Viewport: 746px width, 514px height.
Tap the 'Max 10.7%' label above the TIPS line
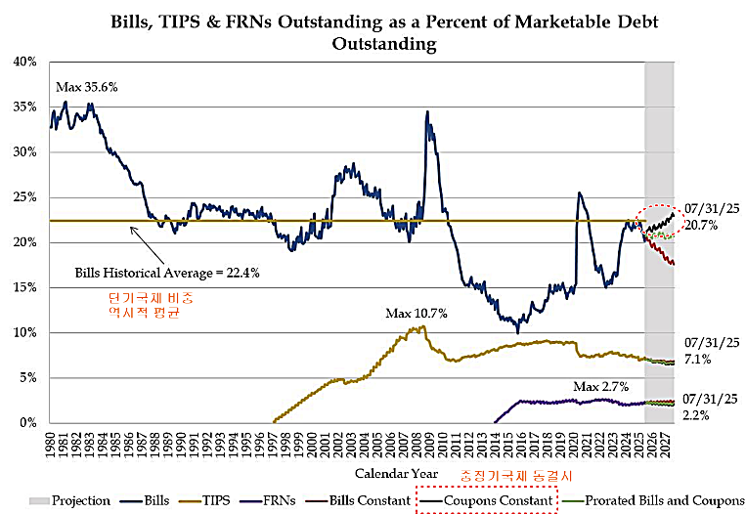(x=415, y=314)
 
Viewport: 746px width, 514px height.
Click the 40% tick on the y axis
(x=24, y=62)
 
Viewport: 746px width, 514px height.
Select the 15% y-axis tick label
(x=24, y=287)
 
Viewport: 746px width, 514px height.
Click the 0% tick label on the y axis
(x=28, y=423)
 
